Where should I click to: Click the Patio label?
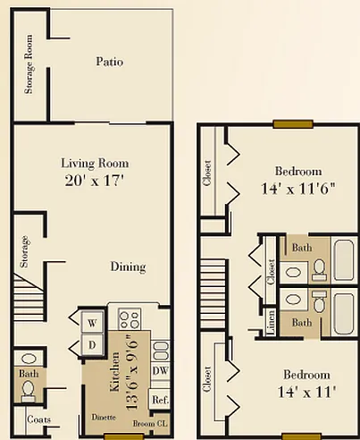click(x=109, y=62)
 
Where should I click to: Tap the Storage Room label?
click(x=29, y=64)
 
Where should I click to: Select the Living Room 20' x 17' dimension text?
click(x=95, y=181)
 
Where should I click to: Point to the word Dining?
click(x=128, y=267)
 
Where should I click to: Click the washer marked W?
click(x=92, y=323)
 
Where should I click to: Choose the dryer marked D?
click(x=92, y=345)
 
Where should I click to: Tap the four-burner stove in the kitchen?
click(x=130, y=319)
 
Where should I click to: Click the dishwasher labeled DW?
click(x=160, y=371)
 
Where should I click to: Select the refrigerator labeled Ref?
click(x=160, y=400)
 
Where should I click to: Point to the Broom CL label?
click(x=150, y=424)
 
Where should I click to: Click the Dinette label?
click(x=104, y=417)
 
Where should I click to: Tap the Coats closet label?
click(x=38, y=419)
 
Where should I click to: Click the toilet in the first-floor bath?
click(x=29, y=391)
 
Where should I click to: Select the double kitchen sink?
click(x=160, y=350)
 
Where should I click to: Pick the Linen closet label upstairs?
click(x=271, y=323)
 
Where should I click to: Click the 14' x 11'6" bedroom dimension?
click(x=298, y=189)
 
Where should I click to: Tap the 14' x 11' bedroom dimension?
click(x=306, y=392)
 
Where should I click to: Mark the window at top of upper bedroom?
click(x=293, y=124)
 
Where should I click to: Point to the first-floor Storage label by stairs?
click(x=24, y=251)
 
